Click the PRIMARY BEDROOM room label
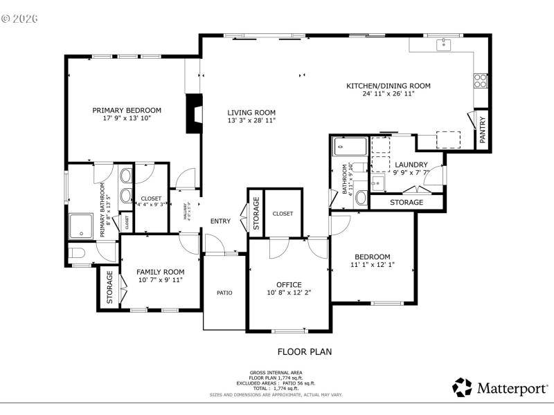127,110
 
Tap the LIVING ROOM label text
251,113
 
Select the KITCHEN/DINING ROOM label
388,86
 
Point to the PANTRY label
483,129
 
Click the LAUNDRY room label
411,165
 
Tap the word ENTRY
220,221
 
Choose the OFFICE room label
289,284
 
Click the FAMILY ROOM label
160,272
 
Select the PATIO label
224,293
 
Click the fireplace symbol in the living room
195,114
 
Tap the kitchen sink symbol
443,46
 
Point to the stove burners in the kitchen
479,80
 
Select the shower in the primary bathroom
81,225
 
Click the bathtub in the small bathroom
349,146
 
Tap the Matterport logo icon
462,387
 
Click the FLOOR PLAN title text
305,351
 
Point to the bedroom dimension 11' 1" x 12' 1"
373,264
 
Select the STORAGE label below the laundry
406,203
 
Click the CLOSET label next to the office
283,214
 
